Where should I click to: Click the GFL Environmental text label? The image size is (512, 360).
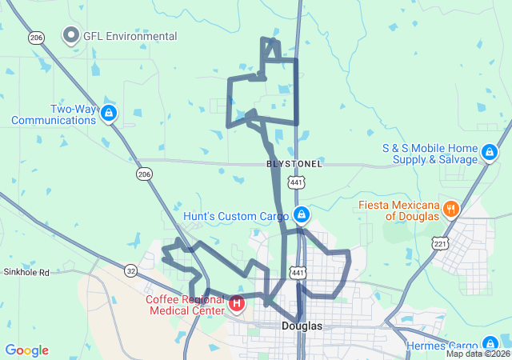click(130, 36)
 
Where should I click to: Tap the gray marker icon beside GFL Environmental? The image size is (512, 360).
click(70, 36)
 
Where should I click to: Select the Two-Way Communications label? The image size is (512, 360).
click(53, 114)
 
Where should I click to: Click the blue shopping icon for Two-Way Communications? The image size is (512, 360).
click(109, 114)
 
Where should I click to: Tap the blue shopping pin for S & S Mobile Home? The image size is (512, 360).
click(489, 150)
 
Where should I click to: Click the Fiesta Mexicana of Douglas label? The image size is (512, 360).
click(399, 210)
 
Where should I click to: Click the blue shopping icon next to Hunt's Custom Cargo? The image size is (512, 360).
click(302, 214)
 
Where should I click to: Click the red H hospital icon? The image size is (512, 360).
click(238, 303)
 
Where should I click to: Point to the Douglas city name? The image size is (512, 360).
click(302, 326)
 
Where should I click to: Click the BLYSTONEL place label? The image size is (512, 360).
click(294, 163)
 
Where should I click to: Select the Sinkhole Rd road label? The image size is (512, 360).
click(26, 273)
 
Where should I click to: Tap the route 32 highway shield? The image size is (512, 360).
click(130, 270)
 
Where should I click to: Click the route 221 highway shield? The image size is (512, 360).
click(438, 243)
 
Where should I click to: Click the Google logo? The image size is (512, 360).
click(27, 350)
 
